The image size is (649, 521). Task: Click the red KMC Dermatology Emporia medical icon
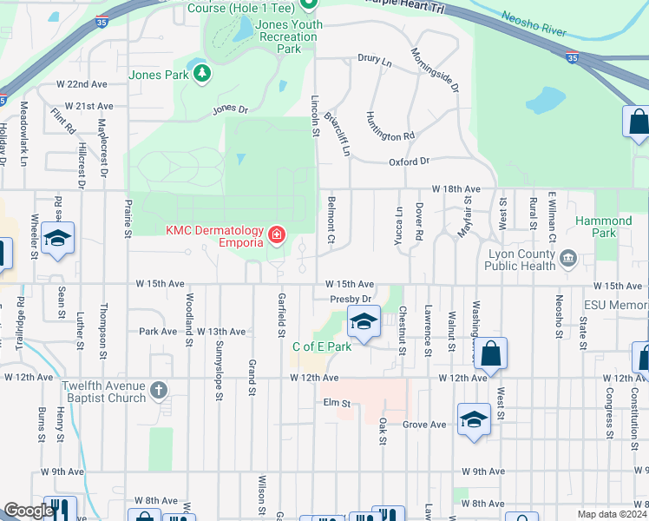(x=277, y=235)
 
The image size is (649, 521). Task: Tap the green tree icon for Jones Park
(x=201, y=74)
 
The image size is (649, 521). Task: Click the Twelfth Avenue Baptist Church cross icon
(x=158, y=390)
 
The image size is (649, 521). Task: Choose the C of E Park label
(x=321, y=346)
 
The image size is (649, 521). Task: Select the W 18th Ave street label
(x=456, y=188)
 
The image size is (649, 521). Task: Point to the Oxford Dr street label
(x=409, y=162)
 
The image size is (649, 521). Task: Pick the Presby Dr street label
(x=350, y=299)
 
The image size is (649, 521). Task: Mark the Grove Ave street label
(x=424, y=424)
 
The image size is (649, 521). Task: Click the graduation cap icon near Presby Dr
(x=364, y=321)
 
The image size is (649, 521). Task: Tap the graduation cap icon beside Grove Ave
(x=475, y=419)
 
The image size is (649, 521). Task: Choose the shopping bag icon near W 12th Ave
(x=490, y=353)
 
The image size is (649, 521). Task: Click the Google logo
(x=28, y=511)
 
